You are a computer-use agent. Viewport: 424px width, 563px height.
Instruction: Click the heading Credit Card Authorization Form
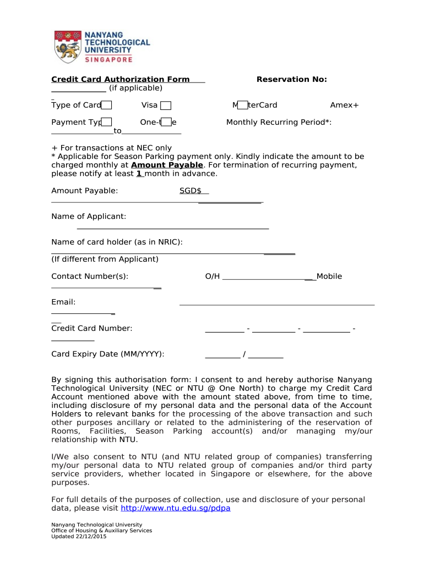click(120, 79)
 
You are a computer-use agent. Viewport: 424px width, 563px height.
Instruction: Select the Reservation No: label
click(291, 79)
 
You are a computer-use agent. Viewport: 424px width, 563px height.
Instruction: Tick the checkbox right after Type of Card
click(107, 106)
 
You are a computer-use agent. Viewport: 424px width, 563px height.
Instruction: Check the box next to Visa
click(166, 106)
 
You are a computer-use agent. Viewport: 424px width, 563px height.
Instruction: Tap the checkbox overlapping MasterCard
click(243, 106)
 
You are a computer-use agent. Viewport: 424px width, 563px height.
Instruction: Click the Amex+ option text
click(344, 105)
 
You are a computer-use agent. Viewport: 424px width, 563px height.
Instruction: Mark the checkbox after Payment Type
click(107, 122)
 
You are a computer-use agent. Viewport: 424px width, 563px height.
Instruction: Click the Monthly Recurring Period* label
click(279, 122)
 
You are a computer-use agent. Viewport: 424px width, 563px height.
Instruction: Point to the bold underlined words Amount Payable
click(167, 165)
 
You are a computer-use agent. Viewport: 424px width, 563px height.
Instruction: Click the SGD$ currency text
click(191, 191)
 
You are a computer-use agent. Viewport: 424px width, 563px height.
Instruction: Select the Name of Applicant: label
click(89, 217)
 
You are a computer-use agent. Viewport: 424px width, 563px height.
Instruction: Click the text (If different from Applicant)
click(105, 259)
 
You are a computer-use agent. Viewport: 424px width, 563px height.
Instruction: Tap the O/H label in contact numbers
click(212, 276)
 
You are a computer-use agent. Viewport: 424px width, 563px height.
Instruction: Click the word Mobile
click(329, 276)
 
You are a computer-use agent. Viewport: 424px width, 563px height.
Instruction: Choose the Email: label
click(63, 302)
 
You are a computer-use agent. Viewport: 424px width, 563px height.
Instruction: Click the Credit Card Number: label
click(92, 328)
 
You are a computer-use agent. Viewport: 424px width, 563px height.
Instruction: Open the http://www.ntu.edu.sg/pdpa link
click(175, 508)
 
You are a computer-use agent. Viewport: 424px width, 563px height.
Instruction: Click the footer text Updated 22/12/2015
click(79, 537)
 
